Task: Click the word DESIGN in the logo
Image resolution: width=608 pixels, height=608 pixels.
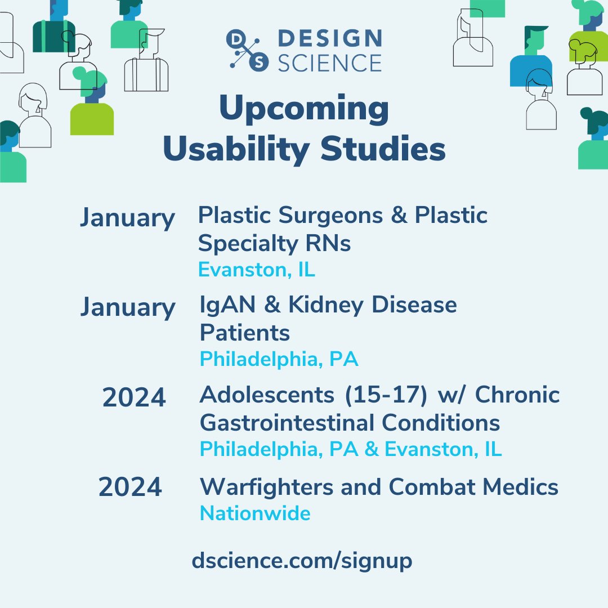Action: click(x=330, y=39)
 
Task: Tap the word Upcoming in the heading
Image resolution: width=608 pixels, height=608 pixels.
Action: click(x=303, y=110)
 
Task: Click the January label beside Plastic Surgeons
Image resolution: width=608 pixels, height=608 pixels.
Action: click(x=127, y=218)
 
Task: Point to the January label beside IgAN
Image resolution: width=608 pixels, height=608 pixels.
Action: click(x=127, y=307)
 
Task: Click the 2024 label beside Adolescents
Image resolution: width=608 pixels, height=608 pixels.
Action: click(x=134, y=398)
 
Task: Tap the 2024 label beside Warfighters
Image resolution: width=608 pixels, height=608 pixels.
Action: click(x=130, y=487)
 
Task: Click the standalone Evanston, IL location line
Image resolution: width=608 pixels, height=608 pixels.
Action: click(x=256, y=270)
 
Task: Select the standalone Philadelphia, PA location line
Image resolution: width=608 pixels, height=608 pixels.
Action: click(x=279, y=359)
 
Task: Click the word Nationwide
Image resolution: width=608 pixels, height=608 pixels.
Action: click(x=255, y=513)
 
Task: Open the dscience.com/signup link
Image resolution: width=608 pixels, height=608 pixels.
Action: click(x=302, y=561)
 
